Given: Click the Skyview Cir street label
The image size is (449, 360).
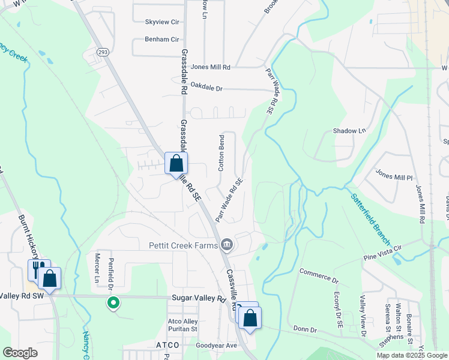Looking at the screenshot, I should (x=162, y=22).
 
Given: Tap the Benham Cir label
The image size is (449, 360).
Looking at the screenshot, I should (x=162, y=39).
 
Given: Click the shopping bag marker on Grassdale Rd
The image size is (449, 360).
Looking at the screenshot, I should (x=176, y=163).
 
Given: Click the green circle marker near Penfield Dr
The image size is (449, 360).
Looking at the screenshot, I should (x=112, y=303).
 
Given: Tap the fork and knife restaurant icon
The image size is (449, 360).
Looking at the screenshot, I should (x=37, y=269).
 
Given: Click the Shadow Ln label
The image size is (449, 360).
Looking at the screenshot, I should (x=349, y=131).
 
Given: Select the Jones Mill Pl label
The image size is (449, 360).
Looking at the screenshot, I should (x=394, y=178).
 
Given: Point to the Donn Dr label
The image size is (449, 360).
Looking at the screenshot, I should (x=305, y=329).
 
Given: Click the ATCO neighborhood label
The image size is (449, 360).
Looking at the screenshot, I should (x=167, y=345).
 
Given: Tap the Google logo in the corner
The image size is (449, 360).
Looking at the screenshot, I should (x=20, y=353).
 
